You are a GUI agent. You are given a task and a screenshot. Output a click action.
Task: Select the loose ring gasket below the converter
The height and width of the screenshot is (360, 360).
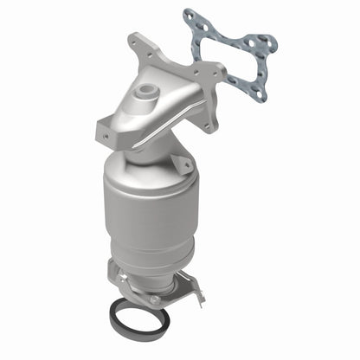click(x=138, y=321)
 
